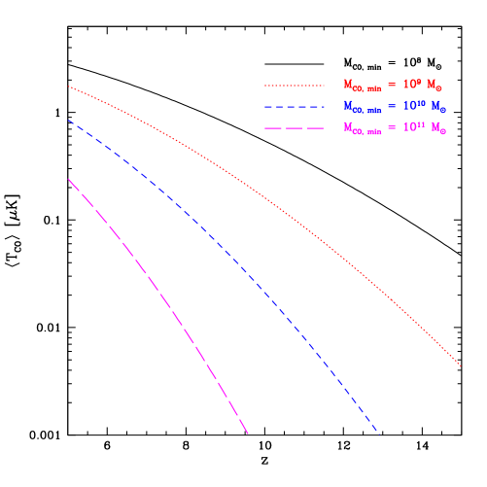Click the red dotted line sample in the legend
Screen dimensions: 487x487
click(x=294, y=85)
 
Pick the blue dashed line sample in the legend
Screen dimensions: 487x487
click(x=294, y=106)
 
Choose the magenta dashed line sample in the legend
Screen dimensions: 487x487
click(x=294, y=128)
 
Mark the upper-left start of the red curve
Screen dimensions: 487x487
click(x=68, y=87)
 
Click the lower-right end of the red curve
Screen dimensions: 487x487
click(x=461, y=366)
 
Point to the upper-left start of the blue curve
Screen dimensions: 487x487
click(x=68, y=121)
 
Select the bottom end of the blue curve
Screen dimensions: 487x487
click(x=378, y=433)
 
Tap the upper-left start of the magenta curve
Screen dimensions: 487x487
click(x=68, y=179)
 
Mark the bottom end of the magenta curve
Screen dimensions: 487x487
click(x=249, y=435)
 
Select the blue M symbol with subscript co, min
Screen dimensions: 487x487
click(x=360, y=107)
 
